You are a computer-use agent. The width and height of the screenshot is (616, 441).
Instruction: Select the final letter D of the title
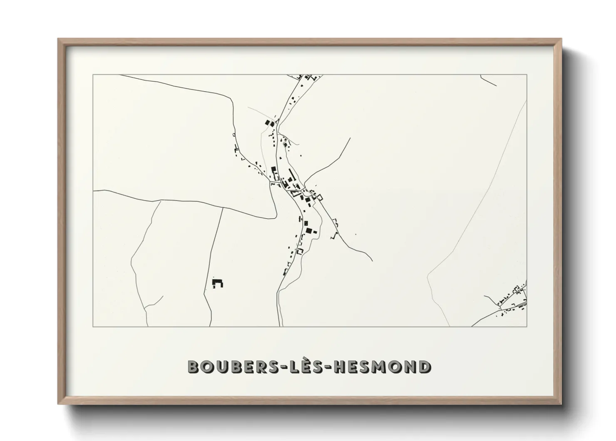click(x=424, y=367)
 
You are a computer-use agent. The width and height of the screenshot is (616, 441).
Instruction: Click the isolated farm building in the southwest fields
click(x=217, y=283)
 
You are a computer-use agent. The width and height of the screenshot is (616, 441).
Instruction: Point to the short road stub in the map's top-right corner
click(x=488, y=80)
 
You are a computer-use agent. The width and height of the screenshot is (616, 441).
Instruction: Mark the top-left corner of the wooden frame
click(x=59, y=39)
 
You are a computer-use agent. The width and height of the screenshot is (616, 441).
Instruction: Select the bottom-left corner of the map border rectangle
click(x=93, y=326)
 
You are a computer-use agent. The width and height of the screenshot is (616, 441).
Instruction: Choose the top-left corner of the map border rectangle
click(x=93, y=75)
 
